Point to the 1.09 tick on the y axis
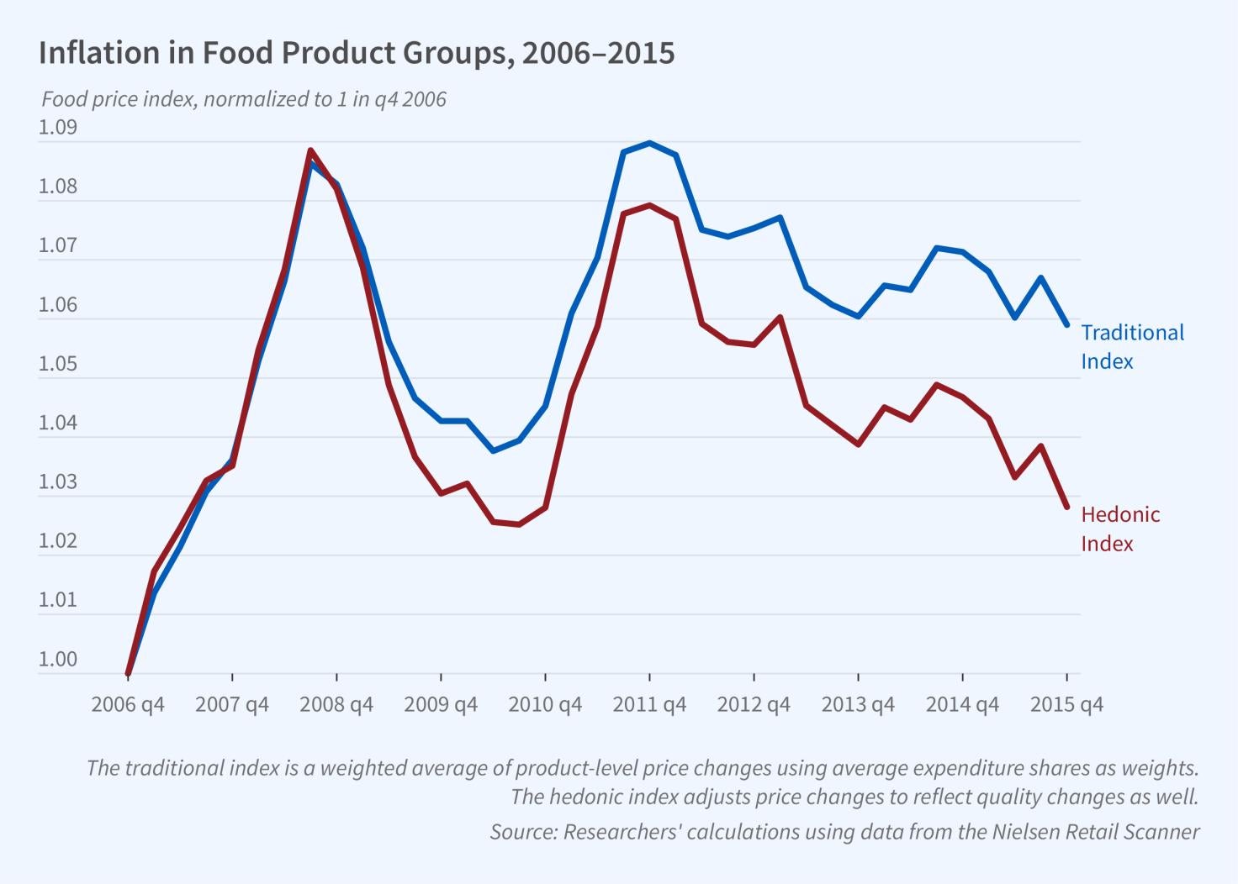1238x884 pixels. point(57,128)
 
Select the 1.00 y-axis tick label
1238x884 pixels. point(57,660)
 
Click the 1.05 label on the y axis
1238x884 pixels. point(57,364)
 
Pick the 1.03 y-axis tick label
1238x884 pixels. point(57,482)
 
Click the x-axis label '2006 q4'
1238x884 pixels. point(128,704)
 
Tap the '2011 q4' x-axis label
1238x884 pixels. point(649,704)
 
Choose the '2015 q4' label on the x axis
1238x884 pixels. point(1066,704)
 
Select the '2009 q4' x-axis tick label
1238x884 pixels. point(441,704)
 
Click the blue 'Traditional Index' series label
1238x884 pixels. point(1131,346)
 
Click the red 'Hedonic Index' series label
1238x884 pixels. point(1119,529)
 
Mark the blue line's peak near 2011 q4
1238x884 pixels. point(649,143)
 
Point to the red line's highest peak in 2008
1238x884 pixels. point(310,151)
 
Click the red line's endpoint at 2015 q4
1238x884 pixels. point(1066,507)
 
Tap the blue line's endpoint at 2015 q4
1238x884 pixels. point(1066,324)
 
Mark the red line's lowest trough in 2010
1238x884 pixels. point(519,524)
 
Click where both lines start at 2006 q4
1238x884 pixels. point(128,673)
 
